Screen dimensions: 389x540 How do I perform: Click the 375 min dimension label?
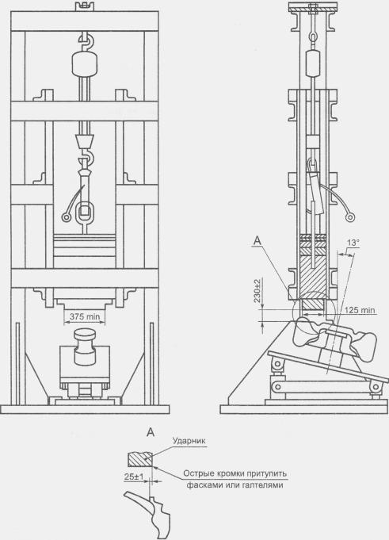85,316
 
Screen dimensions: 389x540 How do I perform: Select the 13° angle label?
353,243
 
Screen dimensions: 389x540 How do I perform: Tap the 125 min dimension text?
360,310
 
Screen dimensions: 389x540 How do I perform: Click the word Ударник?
189,441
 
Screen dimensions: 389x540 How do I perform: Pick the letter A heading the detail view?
151,432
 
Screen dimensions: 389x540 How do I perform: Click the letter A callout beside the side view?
257,241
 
